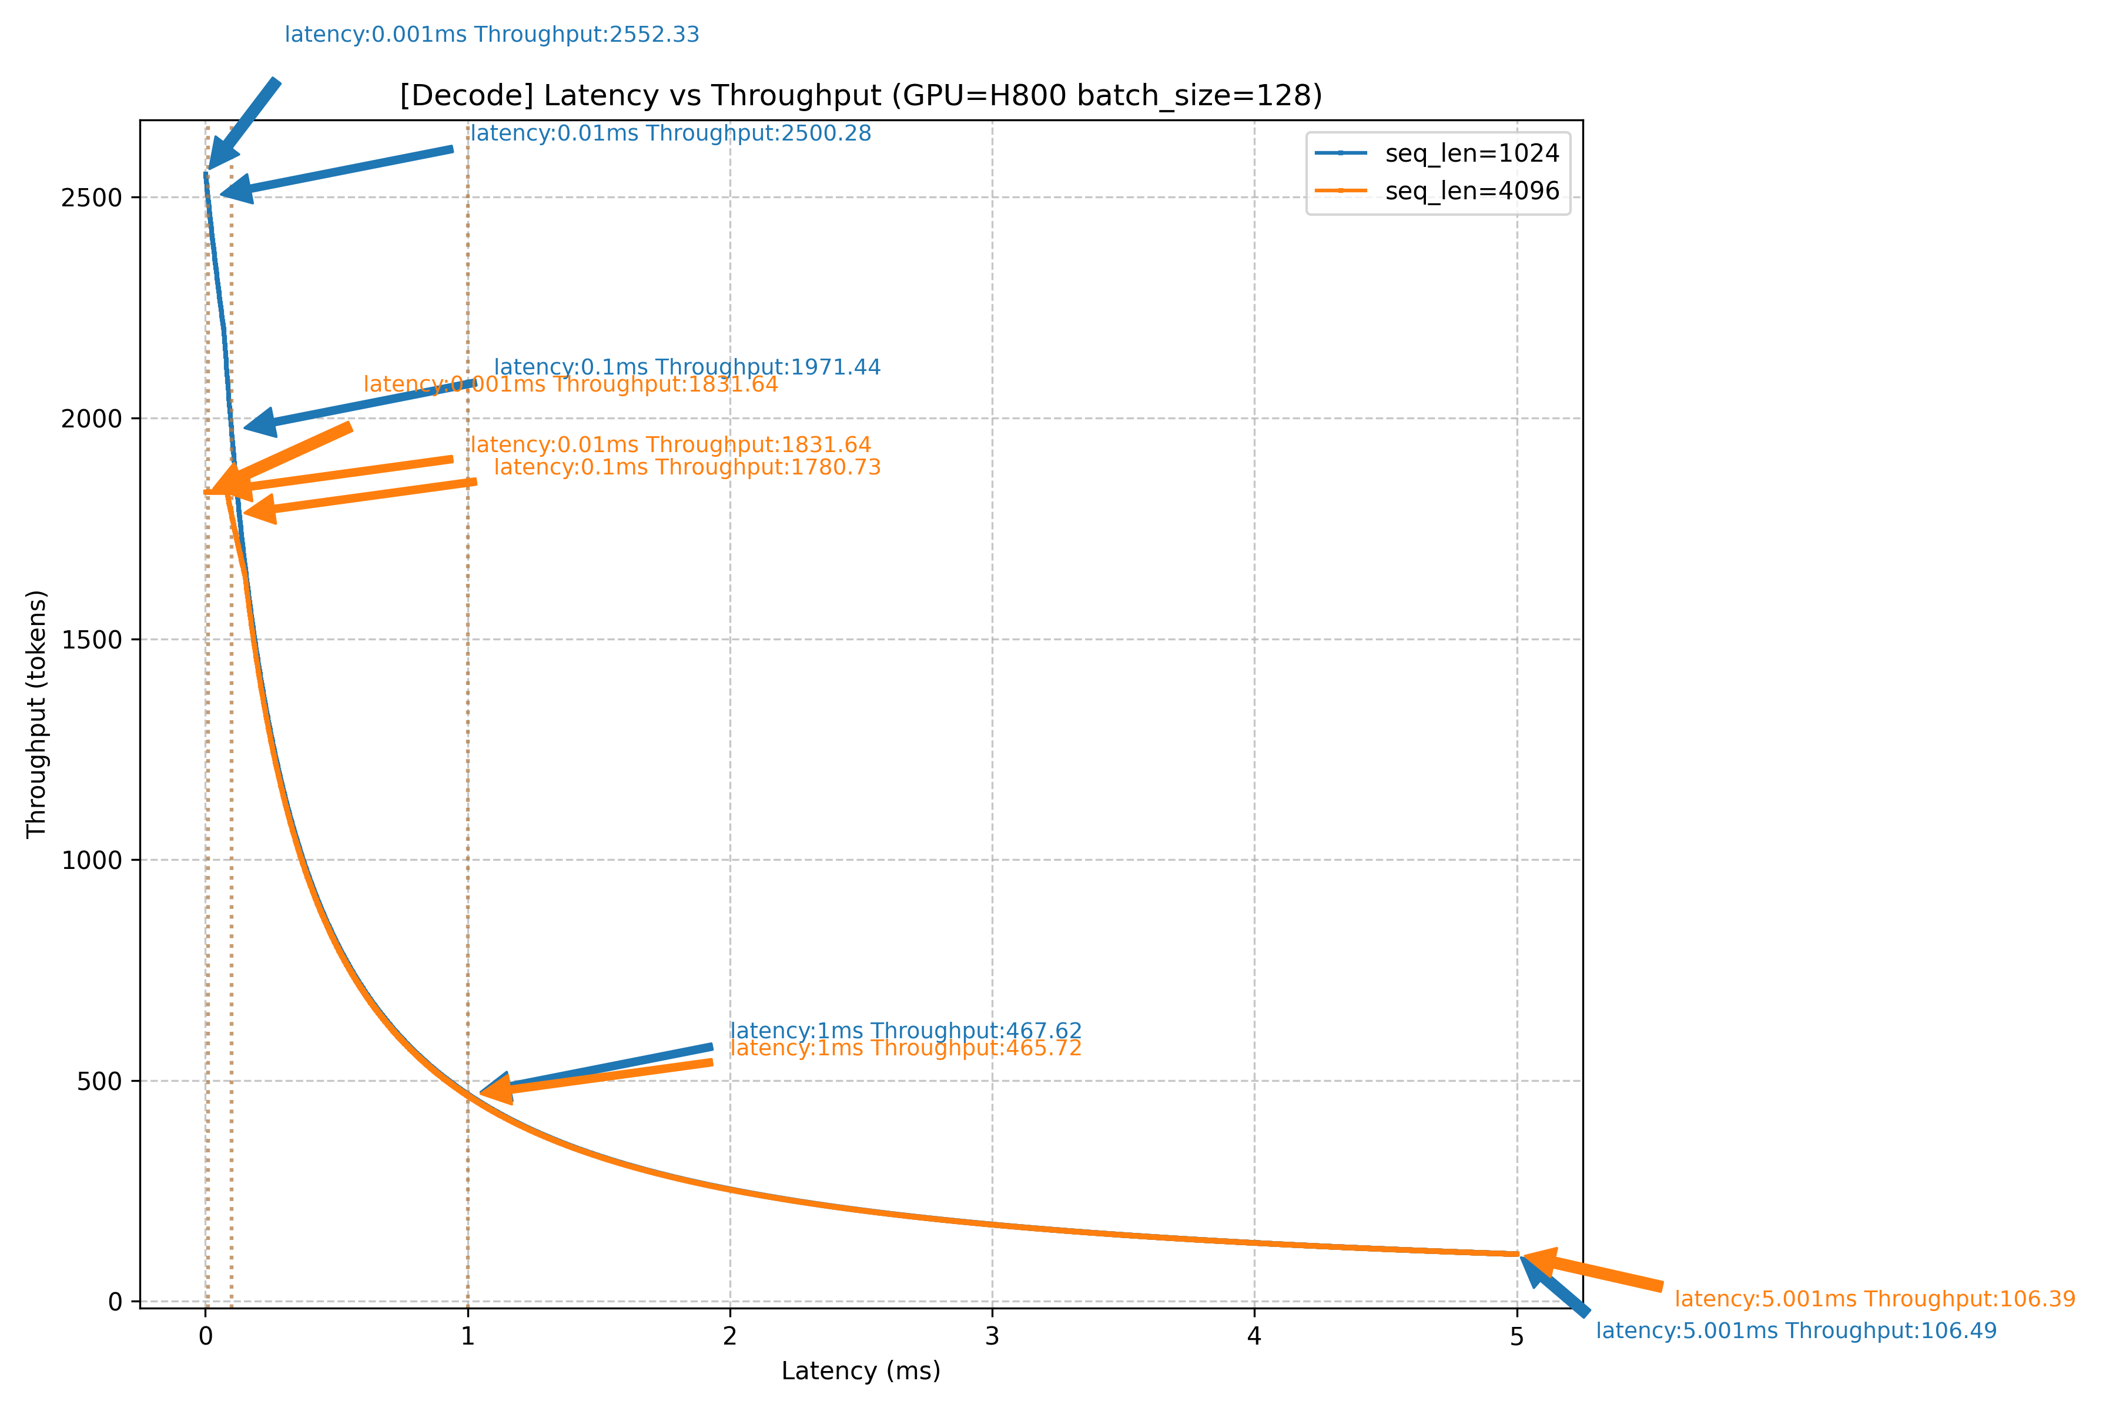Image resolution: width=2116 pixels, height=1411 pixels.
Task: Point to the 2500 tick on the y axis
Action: click(91, 198)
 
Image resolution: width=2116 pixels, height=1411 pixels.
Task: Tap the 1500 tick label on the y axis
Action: click(91, 640)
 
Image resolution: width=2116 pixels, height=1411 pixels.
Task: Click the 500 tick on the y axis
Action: click(99, 1082)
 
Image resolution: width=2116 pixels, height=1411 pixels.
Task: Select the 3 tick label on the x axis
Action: click(992, 1337)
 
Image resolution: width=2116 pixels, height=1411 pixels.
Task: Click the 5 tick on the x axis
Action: click(1517, 1337)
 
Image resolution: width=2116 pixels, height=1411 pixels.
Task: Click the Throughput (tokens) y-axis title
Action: click(36, 714)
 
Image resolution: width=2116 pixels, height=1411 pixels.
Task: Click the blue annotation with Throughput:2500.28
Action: click(671, 134)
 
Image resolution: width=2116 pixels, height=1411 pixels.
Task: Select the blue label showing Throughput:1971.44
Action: click(687, 367)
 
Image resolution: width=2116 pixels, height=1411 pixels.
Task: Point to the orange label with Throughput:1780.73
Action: click(687, 468)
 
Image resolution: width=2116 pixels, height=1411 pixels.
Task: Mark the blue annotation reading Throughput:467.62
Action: click(905, 1031)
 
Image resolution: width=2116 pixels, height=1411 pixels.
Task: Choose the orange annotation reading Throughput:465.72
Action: click(905, 1049)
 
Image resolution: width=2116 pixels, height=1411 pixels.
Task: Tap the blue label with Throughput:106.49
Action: click(1796, 1332)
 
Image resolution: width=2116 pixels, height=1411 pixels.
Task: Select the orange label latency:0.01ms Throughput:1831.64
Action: click(671, 446)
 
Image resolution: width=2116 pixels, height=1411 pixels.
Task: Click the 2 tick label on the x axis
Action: click(729, 1337)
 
